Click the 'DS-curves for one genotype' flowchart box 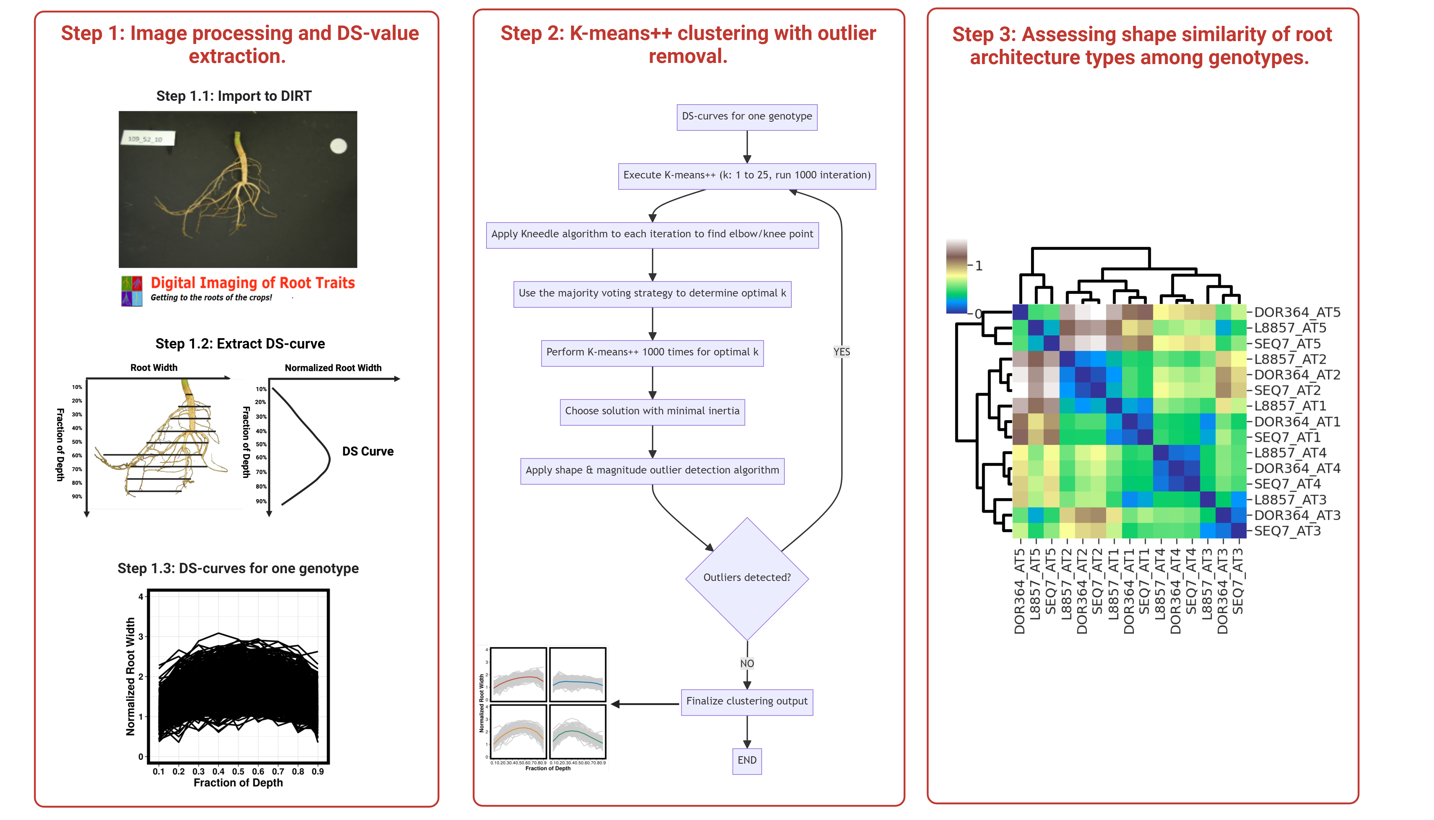[x=746, y=117]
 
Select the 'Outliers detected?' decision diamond [x=746, y=578]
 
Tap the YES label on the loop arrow [x=841, y=352]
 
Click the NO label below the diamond [x=746, y=663]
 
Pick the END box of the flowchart [x=746, y=760]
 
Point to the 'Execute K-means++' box [x=746, y=175]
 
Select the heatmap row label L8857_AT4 [x=1290, y=453]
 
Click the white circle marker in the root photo [x=338, y=146]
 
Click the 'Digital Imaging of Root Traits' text [x=253, y=283]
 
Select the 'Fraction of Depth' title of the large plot [x=238, y=783]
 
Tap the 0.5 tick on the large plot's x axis [x=238, y=771]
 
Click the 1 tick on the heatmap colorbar [x=979, y=266]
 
